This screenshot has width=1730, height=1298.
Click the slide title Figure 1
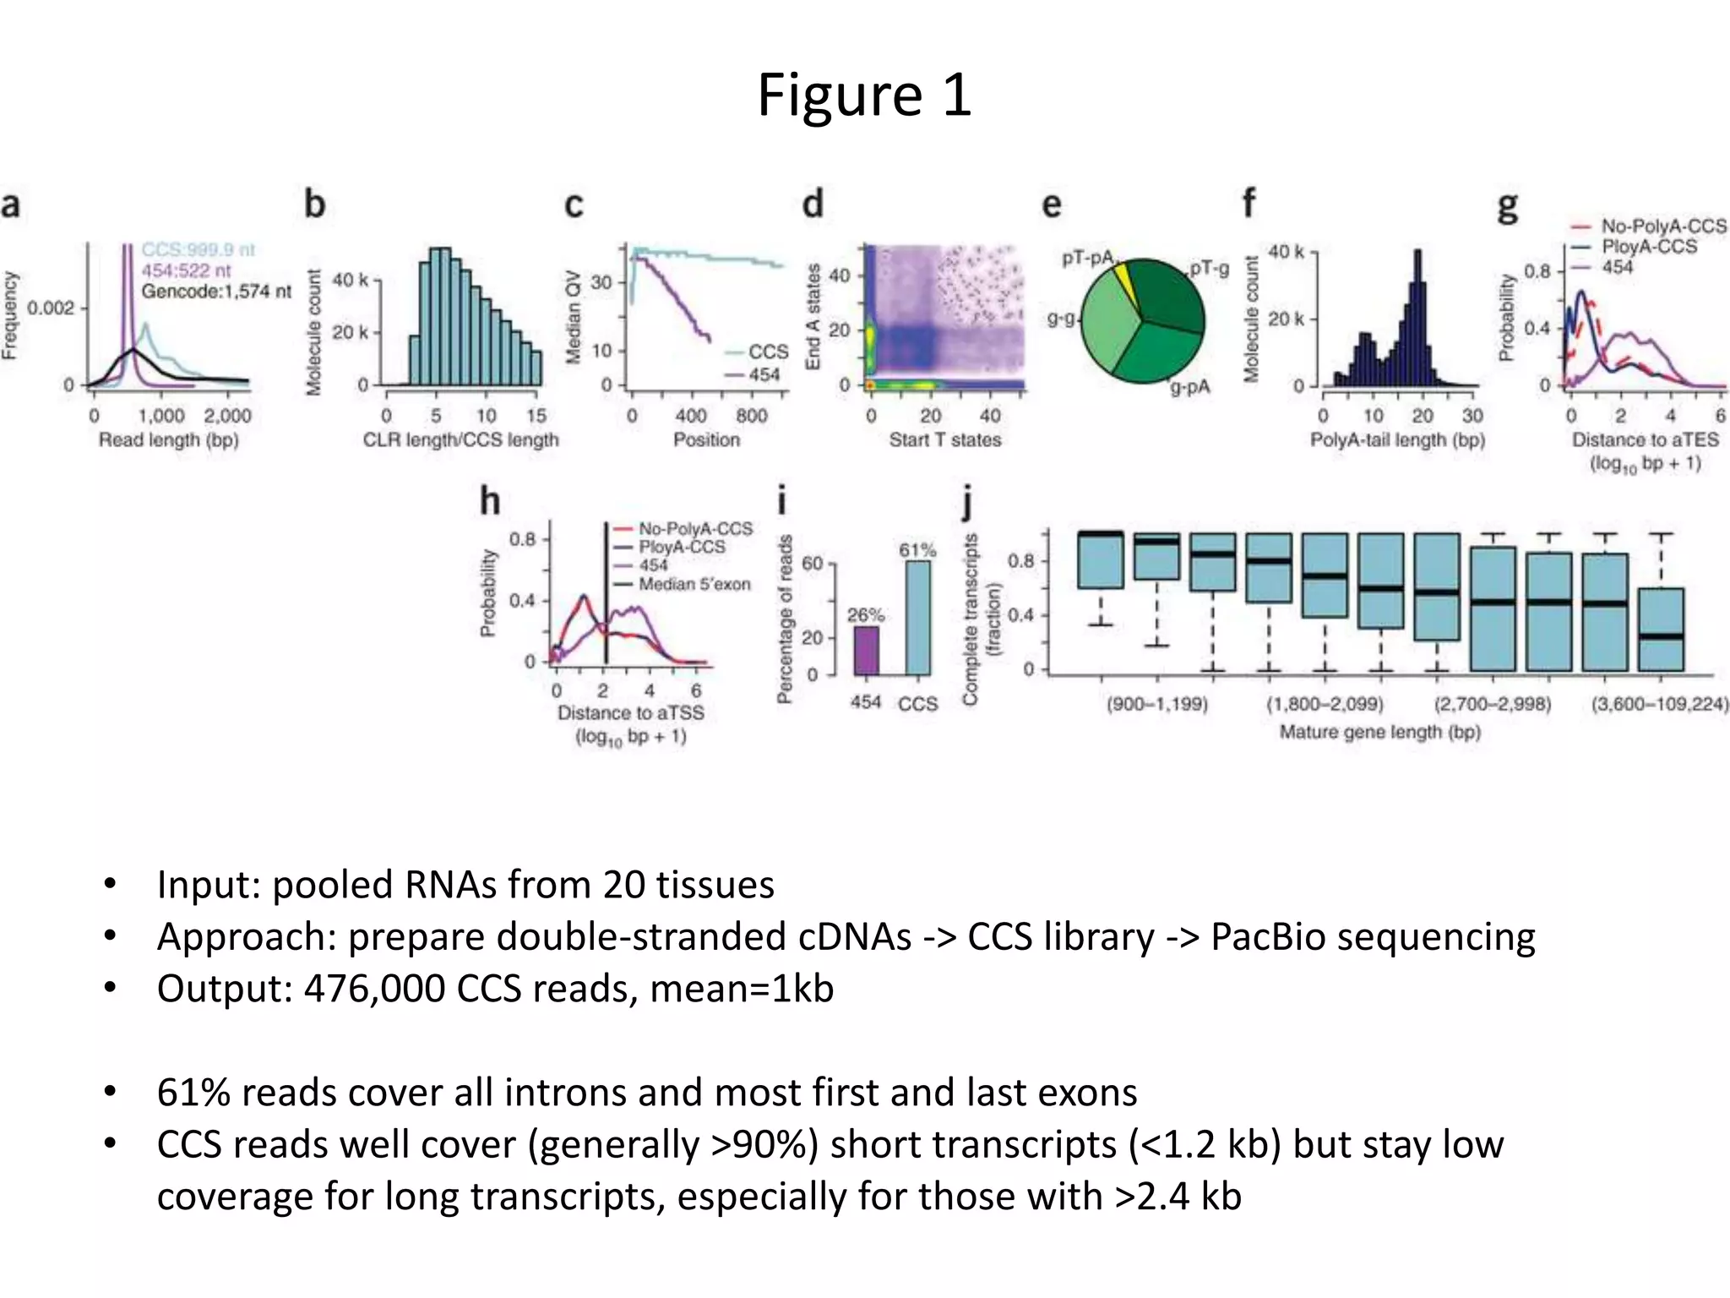pos(864,95)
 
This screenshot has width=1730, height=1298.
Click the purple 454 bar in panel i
pos(866,650)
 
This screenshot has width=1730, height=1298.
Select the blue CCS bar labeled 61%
pos(917,617)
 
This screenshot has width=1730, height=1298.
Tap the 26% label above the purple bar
pos(866,614)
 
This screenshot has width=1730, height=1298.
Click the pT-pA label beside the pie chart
pos(1087,258)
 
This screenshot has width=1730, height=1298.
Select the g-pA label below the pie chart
pos(1189,387)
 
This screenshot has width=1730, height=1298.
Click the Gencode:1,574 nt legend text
pos(216,292)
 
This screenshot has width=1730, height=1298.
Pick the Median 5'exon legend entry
pos(694,584)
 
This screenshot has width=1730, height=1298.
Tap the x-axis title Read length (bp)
pos(168,439)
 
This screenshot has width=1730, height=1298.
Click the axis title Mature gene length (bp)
pos(1379,732)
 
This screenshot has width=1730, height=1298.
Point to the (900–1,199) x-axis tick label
pos(1157,704)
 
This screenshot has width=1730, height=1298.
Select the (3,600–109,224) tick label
pos(1659,704)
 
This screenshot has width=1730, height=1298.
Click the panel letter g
pos(1507,205)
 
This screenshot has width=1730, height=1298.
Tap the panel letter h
pos(490,501)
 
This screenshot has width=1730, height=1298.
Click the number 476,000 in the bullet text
pos(374,988)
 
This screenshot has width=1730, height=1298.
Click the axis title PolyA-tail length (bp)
pos(1397,439)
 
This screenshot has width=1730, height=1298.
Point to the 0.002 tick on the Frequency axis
pos(51,308)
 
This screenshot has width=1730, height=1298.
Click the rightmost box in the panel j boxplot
pos(1661,629)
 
